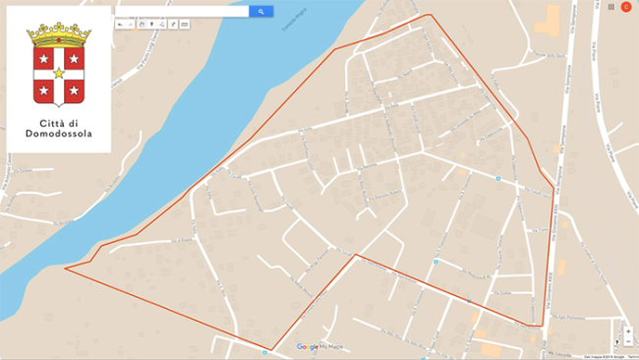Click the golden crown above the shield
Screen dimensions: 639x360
59,34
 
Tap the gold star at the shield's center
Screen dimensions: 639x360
59,74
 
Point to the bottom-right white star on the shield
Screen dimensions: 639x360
75,91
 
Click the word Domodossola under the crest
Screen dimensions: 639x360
60,134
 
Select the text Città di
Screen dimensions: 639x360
60,123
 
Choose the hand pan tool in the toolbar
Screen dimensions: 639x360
141,23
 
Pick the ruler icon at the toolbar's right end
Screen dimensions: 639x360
185,23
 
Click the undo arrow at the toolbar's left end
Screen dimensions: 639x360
119,23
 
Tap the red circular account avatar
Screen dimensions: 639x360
626,7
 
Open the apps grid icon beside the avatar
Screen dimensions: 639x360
610,7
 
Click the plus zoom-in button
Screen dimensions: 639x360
628,331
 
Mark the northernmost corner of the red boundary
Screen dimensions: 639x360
429,15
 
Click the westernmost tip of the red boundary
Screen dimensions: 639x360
66,268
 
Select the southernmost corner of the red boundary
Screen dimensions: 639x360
267,349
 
